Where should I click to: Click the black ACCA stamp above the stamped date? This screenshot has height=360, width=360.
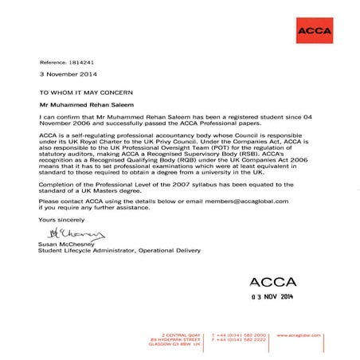[x=275, y=281]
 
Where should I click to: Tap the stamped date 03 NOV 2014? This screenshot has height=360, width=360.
[x=278, y=296]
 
